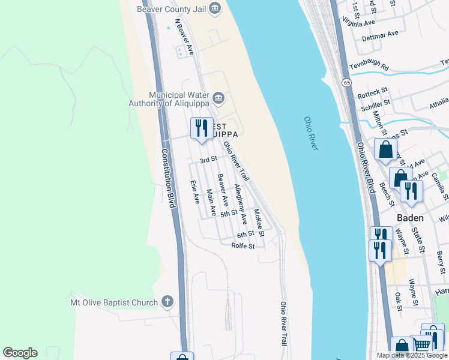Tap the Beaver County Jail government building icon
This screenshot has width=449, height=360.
pos(215,8)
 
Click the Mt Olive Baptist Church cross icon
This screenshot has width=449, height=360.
pos(167,302)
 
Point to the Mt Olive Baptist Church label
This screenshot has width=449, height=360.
pos(114,303)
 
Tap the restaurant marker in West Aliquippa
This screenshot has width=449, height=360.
pos(201,128)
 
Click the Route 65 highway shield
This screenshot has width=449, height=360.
pos(347,82)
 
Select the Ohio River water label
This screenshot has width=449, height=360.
pos(310,133)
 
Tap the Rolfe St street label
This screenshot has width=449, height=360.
pos(244,246)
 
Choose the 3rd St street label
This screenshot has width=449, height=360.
pos(208,160)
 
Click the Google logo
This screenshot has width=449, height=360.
pos(20,353)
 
